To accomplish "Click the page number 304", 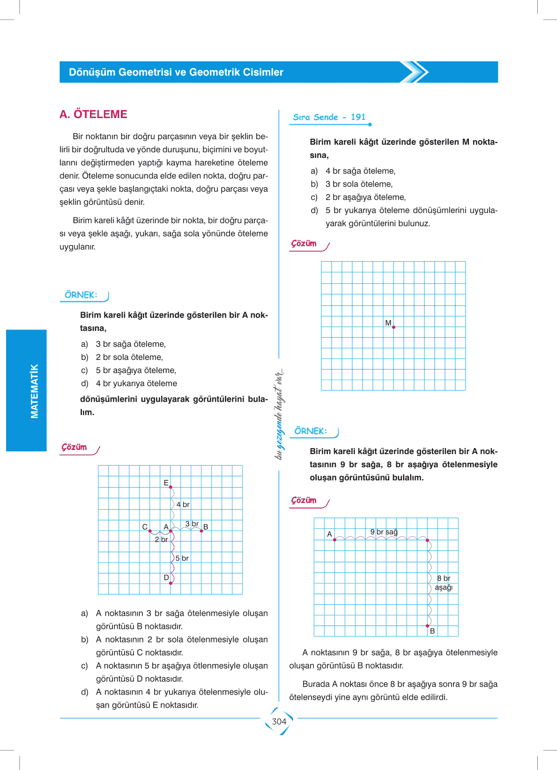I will click(279, 722).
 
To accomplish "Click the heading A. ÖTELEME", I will click(93, 114).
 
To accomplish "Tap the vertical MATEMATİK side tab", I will click(34, 391).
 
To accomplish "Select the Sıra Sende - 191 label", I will click(329, 117).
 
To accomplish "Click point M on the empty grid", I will click(394, 327).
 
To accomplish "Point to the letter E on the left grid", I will click(166, 483).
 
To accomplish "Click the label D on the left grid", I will click(166, 578).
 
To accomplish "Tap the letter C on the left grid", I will click(145, 527).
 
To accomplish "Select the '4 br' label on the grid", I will click(183, 505).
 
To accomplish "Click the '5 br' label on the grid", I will click(182, 558).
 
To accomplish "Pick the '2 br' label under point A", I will click(161, 539).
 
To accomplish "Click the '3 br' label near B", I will click(192, 524).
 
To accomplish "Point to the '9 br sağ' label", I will click(384, 532).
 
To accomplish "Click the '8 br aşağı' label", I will click(444, 583).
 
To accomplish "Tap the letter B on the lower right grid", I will click(432, 631).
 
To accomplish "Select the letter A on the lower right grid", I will click(329, 534).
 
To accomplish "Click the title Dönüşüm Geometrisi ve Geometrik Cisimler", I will click(176, 72).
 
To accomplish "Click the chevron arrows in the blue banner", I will click(415, 72).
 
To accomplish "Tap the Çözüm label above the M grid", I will click(304, 244).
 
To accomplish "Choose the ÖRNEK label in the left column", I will click(81, 295).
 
